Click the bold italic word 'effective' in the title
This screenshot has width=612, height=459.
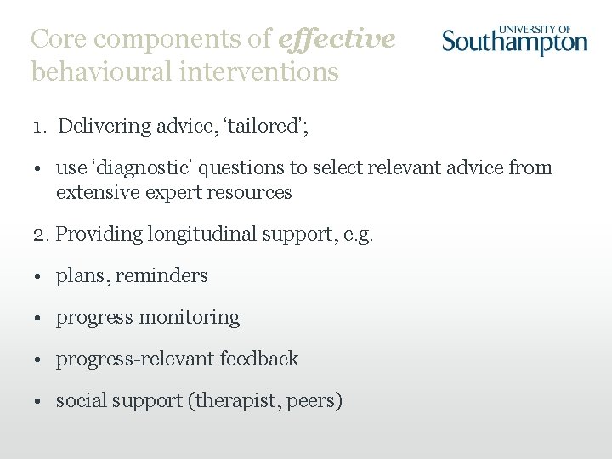(337, 39)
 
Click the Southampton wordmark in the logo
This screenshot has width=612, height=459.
(514, 42)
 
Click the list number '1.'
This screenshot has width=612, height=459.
(41, 127)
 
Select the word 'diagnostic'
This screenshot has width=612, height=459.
(161, 168)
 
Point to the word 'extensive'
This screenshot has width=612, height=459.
(96, 192)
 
